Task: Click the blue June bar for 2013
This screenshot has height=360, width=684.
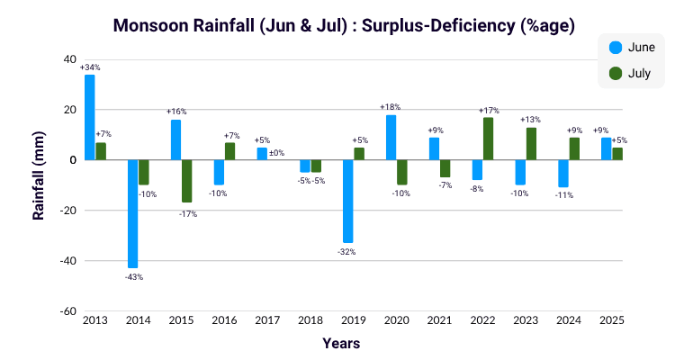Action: click(x=90, y=117)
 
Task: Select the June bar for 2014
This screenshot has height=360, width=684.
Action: click(x=133, y=214)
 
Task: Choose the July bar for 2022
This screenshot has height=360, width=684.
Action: click(x=489, y=139)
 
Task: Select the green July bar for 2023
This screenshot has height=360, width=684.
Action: click(x=532, y=144)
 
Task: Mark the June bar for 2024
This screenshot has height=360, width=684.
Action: click(x=563, y=174)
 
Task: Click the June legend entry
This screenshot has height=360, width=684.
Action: click(x=632, y=47)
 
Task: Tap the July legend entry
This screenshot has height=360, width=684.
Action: click(x=632, y=73)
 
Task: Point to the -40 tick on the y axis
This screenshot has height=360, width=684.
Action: click(x=68, y=261)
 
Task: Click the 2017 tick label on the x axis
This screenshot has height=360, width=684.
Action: click(x=266, y=320)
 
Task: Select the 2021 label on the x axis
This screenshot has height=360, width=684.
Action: click(x=439, y=320)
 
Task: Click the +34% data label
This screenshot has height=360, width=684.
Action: click(x=89, y=67)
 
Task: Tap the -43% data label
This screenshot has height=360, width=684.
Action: click(x=133, y=276)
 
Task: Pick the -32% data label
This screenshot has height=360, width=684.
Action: click(x=347, y=251)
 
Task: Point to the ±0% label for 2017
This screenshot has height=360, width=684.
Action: click(x=277, y=153)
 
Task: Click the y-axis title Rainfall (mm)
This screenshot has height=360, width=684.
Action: click(x=39, y=185)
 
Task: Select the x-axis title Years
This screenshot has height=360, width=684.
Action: click(x=341, y=344)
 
